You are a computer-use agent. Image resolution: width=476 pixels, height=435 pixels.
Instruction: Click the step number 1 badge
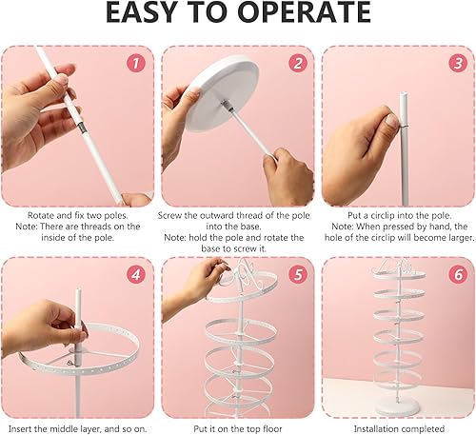[136, 63]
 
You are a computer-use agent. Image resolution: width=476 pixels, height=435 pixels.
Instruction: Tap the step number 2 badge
[298, 63]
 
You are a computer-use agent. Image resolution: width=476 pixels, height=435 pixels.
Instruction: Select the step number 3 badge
[458, 63]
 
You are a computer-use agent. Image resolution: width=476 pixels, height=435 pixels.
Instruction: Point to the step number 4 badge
[136, 274]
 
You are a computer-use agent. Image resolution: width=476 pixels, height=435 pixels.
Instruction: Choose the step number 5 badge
[298, 274]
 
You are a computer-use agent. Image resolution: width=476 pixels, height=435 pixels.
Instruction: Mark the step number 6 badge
[458, 274]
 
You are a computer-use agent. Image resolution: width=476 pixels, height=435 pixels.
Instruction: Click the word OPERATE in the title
[304, 12]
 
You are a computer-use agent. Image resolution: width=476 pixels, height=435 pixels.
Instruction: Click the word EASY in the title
[141, 12]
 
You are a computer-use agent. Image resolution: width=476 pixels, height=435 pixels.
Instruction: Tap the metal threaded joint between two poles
[82, 129]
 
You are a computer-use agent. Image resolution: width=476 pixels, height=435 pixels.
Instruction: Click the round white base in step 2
[222, 92]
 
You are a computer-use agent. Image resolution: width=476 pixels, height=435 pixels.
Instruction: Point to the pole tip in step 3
[404, 95]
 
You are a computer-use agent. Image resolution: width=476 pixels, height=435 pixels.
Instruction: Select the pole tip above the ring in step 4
[78, 292]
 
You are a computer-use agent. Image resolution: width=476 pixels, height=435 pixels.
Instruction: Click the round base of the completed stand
[397, 407]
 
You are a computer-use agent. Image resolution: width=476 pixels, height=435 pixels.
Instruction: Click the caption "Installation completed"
[399, 429]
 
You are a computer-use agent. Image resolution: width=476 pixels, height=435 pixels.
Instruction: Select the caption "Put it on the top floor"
[238, 429]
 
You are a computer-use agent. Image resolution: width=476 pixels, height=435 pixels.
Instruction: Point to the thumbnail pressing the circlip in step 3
[392, 121]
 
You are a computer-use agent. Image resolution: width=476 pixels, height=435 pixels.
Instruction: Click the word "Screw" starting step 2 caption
[169, 216]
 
